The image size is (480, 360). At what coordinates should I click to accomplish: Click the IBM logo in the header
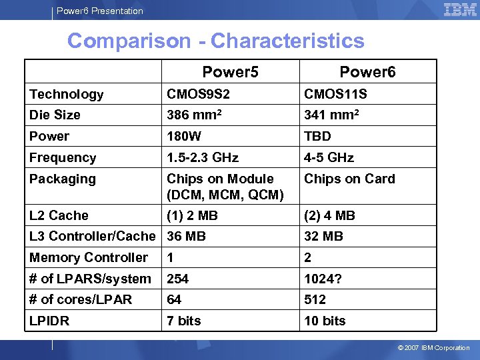[460, 9]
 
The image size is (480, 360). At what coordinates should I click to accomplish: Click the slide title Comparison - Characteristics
[215, 41]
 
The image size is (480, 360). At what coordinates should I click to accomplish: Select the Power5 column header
[230, 72]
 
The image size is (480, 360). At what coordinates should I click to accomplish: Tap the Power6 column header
[367, 72]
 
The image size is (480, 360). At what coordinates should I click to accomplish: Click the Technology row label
[67, 95]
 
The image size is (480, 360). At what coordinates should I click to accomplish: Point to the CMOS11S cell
[335, 95]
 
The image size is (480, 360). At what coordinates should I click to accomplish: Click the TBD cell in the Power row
[318, 137]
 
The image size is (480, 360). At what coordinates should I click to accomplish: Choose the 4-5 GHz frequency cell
[329, 158]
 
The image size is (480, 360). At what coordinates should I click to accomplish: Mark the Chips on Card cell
[349, 179]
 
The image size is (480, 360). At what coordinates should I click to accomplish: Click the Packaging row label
[63, 179]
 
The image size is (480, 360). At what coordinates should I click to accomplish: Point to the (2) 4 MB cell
[329, 215]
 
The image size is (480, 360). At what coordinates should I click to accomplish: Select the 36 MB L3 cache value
[186, 236]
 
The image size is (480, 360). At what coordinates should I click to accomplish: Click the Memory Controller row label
[89, 257]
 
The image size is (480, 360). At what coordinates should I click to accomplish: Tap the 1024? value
[323, 279]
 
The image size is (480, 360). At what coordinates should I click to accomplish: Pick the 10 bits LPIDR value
[325, 321]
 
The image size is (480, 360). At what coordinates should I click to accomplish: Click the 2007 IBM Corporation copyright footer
[433, 347]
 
